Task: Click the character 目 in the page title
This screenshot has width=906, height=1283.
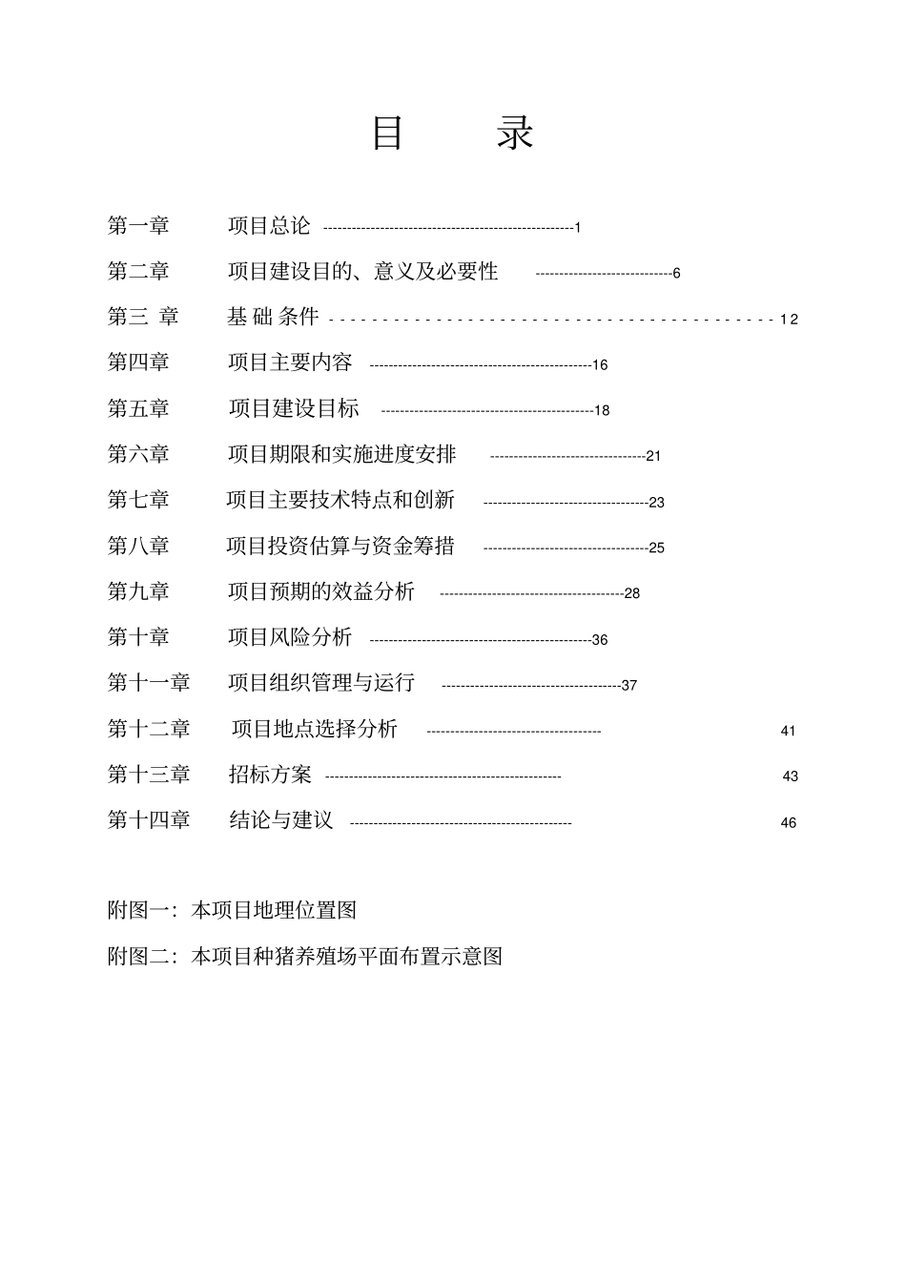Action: point(387,134)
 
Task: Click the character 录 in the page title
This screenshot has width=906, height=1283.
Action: point(516,134)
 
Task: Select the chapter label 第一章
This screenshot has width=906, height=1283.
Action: point(138,226)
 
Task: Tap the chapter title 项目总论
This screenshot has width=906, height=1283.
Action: point(269,226)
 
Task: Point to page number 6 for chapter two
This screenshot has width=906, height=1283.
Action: point(676,274)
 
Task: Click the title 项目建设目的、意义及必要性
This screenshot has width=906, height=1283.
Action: point(362,272)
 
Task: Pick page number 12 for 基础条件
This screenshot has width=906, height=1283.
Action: point(789,320)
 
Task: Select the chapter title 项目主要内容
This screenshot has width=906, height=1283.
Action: point(290,362)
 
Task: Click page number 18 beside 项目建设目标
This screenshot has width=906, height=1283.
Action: point(602,411)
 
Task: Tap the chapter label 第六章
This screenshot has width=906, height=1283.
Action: point(138,454)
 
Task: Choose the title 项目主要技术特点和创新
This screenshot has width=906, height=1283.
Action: point(340,500)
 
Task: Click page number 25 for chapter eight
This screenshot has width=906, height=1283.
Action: point(657,548)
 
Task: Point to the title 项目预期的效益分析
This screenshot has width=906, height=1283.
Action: point(321,591)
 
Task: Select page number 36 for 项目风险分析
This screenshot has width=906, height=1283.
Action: point(600,640)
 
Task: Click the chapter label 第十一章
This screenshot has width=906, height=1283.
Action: point(149,683)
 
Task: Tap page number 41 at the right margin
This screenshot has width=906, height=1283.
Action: point(788,732)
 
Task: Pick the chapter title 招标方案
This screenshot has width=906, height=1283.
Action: point(270,775)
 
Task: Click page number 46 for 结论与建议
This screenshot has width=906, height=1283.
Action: point(789,823)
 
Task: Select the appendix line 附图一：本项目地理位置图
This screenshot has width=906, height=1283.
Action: point(232,910)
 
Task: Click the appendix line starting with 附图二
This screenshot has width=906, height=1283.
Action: point(304,956)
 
